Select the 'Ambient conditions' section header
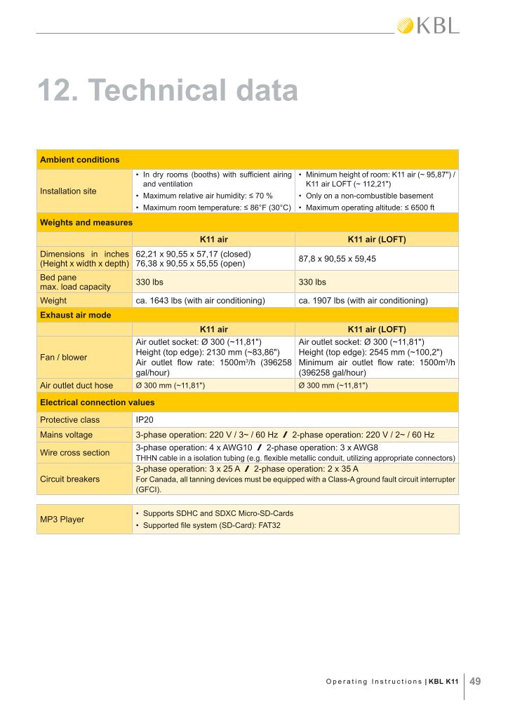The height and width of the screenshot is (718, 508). tap(79, 159)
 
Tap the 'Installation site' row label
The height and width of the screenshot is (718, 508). tap(69, 191)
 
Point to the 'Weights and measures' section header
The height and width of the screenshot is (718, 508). tap(86, 222)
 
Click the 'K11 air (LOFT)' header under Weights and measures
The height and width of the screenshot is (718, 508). tap(377, 239)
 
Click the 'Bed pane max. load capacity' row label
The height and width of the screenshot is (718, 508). tap(76, 282)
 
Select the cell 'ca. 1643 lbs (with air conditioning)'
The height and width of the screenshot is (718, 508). tap(200, 301)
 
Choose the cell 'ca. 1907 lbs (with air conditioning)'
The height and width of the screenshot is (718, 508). tap(363, 301)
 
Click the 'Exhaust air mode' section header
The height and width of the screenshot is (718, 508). tap(76, 315)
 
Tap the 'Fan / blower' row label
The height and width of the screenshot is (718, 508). tap(64, 357)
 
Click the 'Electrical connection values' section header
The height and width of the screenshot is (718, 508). tap(98, 402)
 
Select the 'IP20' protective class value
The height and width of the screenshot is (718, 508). tap(144, 420)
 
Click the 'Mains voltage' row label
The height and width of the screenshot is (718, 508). tap(67, 435)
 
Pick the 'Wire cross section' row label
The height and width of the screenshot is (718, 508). tap(75, 452)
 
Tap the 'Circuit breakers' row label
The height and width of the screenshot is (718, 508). tap(70, 480)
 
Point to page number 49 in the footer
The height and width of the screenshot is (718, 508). tap(474, 680)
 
